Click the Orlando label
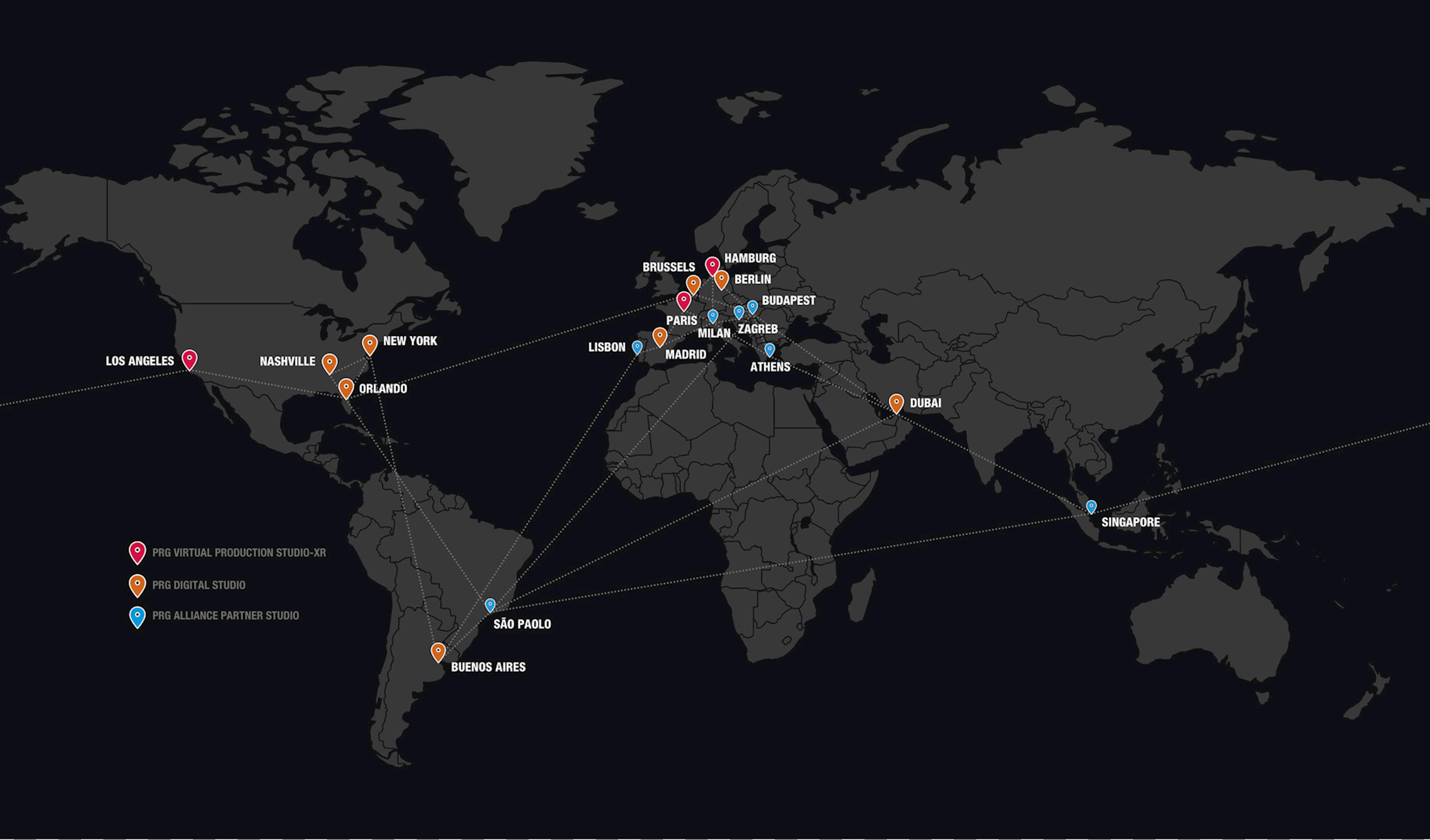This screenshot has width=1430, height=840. pos(383,389)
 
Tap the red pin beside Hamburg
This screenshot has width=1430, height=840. pos(712,265)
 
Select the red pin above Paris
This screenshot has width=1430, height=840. pos(684,300)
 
